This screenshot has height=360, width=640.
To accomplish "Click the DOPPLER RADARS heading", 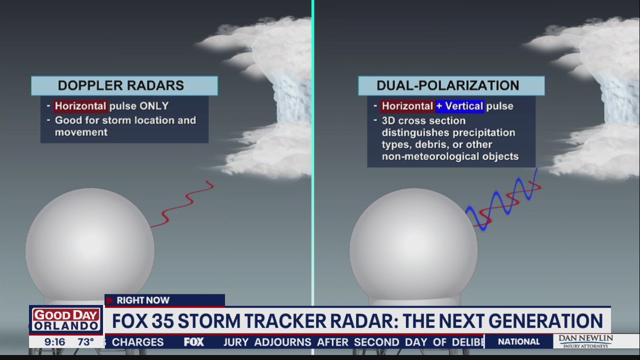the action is pos(121,85).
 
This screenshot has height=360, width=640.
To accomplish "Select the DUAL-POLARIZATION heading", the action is pos(447,85).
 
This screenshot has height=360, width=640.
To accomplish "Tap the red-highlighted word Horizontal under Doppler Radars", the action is pos(80,106).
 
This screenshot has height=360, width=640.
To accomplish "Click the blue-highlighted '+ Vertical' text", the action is pos(459,106).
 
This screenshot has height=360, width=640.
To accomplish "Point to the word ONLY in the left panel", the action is pos(154,106).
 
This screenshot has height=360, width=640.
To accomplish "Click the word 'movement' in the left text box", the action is pos(81,132).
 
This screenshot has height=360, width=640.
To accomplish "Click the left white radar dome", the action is pos(90,245).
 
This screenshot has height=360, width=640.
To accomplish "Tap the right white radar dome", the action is pos(413,245).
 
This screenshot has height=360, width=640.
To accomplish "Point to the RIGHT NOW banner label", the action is pos(143,300).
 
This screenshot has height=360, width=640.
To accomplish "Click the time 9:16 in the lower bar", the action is pos(54,342).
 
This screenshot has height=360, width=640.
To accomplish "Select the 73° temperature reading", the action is pos(85,342).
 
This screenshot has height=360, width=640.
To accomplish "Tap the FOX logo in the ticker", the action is pos(193,342).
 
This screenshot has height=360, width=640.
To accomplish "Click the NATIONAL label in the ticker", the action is pos(519,341).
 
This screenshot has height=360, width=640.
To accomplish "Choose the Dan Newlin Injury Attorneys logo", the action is pos(585,341).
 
